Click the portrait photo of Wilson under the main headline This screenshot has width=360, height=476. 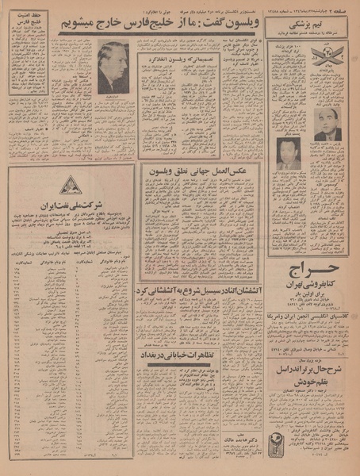[113, 68]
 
